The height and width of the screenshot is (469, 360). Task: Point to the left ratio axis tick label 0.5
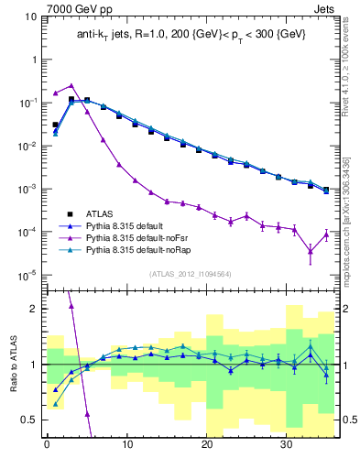pos(28,420)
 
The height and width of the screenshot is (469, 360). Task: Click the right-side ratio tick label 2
pos(344,309)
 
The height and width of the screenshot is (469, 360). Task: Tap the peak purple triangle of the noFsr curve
pos(71,86)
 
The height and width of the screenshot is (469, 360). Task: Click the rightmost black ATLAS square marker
pos(326,190)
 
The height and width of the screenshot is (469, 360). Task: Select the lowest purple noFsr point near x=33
pos(311,251)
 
